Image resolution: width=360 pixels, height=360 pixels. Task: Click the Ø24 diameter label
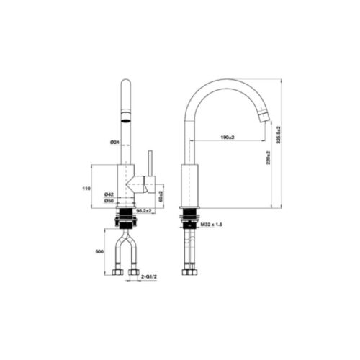[114, 143]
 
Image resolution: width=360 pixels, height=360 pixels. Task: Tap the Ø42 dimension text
[109, 194]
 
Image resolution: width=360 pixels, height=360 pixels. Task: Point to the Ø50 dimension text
[109, 202]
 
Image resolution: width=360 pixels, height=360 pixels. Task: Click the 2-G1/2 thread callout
[149, 276]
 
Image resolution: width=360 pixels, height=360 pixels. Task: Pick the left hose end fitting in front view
[117, 274]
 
